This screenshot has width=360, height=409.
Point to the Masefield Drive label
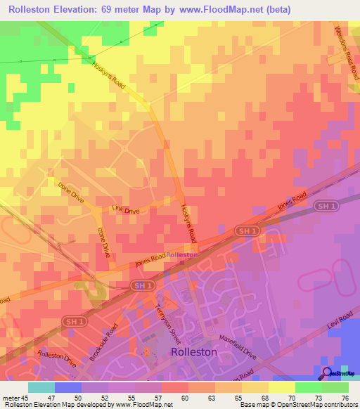pos(236,346)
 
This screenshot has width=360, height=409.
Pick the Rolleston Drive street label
pos(57,358)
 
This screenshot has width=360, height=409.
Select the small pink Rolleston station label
pos(183,254)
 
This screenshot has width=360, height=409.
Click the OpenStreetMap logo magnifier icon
pos(327,372)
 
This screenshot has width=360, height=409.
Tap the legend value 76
pos(345,398)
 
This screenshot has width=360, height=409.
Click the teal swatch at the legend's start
pos(41,387)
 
